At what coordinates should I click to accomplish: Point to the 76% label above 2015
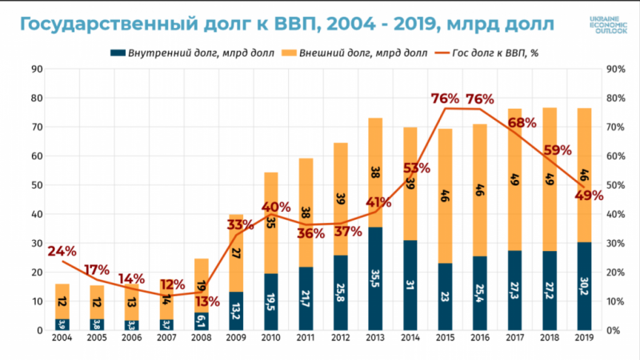point(445,99)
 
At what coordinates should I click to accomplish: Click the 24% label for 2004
point(62,251)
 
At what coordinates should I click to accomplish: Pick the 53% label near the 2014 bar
point(416,168)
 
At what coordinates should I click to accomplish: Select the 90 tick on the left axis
point(36,70)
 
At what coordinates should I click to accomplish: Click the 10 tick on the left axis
point(36,302)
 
